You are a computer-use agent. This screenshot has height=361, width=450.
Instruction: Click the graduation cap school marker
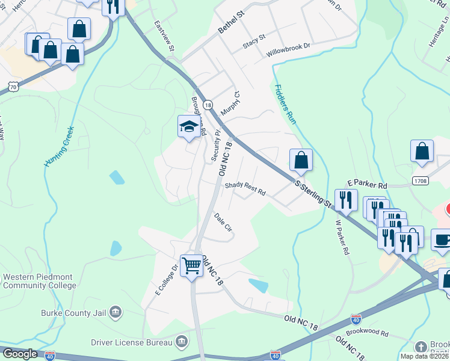(x=189, y=127)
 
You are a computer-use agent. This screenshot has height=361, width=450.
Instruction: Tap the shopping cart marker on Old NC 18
(x=191, y=265)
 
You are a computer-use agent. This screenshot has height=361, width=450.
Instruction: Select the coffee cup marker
(x=442, y=239)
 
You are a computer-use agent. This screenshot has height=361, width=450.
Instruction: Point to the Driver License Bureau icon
(x=182, y=342)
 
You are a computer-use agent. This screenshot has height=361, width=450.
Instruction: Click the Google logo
(x=20, y=354)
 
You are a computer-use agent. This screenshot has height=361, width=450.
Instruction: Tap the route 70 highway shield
(x=13, y=87)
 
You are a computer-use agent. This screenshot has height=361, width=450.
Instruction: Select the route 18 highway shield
(x=208, y=105)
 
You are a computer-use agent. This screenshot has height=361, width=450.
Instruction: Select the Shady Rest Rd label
(x=245, y=189)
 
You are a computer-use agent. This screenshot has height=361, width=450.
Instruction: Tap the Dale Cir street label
(x=223, y=222)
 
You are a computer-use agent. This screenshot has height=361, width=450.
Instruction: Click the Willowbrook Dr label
(x=288, y=50)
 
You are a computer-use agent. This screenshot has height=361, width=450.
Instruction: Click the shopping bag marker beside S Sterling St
(x=301, y=160)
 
